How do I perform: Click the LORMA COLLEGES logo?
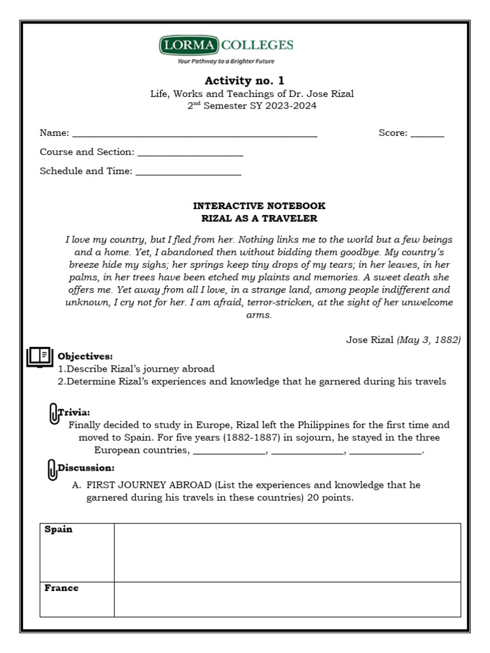coord(226,45)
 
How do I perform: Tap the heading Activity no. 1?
coord(244,80)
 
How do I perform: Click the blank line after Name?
coord(195,134)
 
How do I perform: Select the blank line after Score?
coord(427,134)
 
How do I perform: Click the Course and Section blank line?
coord(190,153)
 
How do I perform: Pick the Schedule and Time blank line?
coord(188,172)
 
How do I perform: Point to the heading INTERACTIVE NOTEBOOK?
coord(259,206)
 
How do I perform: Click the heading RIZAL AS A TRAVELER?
coord(259,219)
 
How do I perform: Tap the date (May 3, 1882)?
coord(428,340)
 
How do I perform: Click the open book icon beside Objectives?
coord(40,356)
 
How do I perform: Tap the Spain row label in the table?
coord(58,530)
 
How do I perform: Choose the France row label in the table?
coord(61,588)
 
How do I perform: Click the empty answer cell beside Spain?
coord(287,552)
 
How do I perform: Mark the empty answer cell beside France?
coord(287,599)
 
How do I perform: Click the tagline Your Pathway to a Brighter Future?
coord(226,61)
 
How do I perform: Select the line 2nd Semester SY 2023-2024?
coord(251,106)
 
